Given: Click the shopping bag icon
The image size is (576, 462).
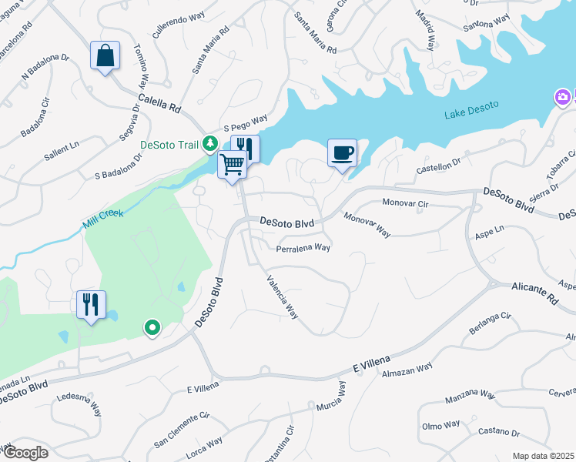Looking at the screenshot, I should tap(105, 56).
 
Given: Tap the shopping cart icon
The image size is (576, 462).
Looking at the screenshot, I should tap(233, 163).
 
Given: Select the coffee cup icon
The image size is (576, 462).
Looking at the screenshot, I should tap(342, 152).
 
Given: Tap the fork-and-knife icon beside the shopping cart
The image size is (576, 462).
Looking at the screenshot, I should tap(246, 148).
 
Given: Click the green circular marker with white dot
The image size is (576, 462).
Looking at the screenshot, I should tap(152, 329).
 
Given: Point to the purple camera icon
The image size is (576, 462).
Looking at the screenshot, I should tap(563, 97).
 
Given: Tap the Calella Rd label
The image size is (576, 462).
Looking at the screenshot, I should tap(159, 103).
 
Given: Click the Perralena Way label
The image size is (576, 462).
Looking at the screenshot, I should tap(303, 248).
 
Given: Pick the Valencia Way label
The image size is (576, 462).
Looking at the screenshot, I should tap(282, 297).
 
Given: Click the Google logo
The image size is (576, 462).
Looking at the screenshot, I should tap(25, 452).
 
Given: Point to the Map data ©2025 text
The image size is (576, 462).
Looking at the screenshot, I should tap(542, 456).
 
